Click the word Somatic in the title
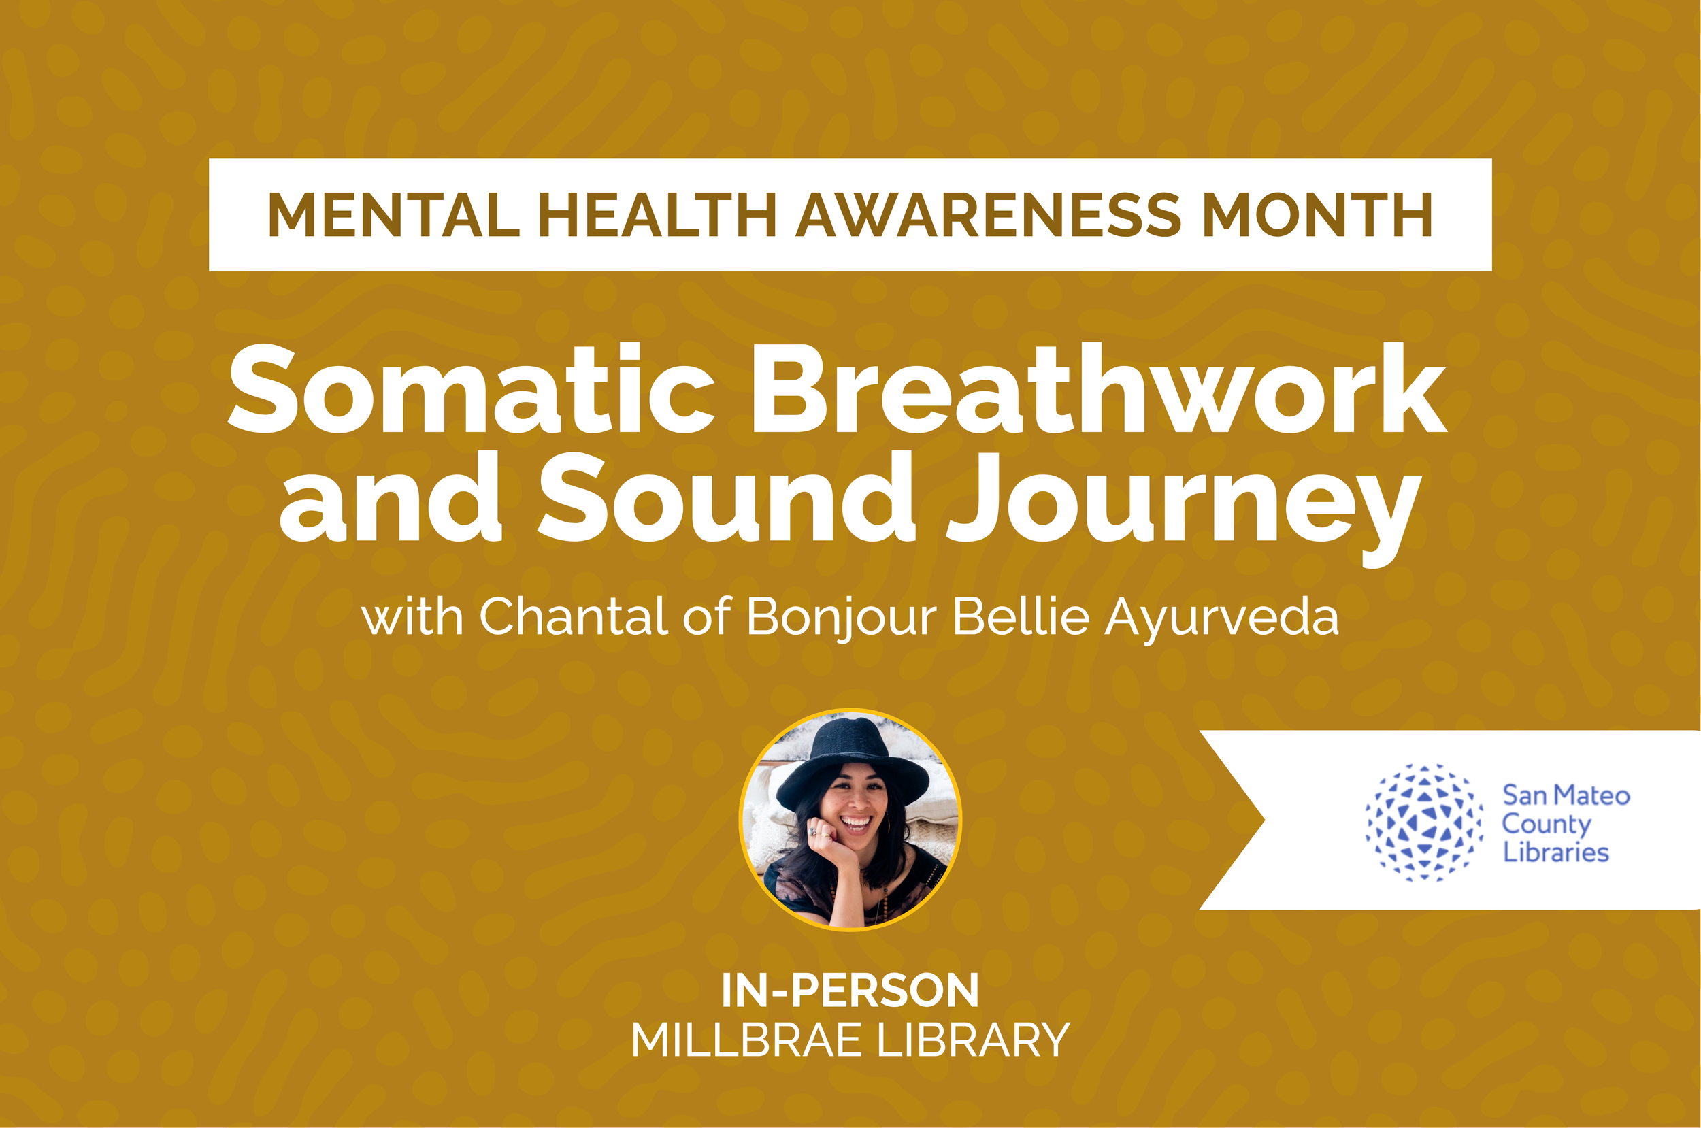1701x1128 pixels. click(x=471, y=390)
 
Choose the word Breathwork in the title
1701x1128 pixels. click(x=1098, y=390)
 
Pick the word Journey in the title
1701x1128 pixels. click(x=1183, y=503)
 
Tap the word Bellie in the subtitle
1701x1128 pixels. click(x=1021, y=617)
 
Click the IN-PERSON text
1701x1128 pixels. click(x=850, y=991)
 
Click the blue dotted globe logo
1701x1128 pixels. click(x=1424, y=823)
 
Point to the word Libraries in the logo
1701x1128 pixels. click(x=1555, y=852)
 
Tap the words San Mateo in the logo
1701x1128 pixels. click(x=1566, y=795)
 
